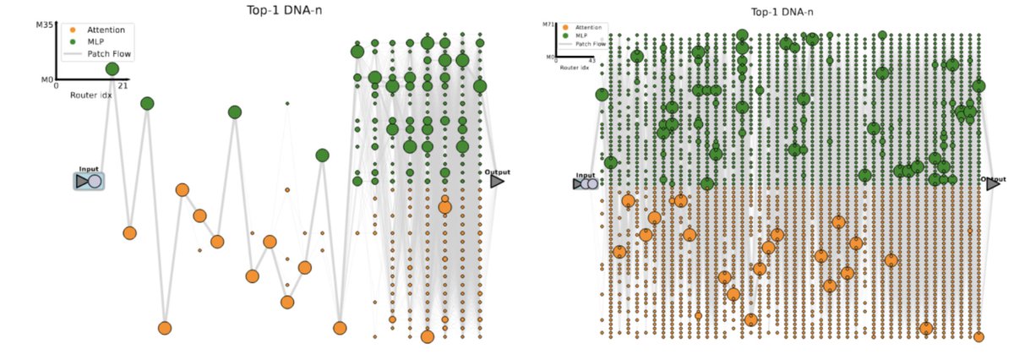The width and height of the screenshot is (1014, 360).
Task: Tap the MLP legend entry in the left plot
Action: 94,41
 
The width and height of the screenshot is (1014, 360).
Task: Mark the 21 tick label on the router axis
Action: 123,86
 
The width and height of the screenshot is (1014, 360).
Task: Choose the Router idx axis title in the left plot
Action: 90,95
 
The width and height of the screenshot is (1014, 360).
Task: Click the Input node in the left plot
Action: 89,181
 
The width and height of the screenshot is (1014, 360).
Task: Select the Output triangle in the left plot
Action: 497,181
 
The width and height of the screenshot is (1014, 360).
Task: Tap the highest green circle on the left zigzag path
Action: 112,68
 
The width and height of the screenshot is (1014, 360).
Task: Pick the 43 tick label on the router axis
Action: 591,61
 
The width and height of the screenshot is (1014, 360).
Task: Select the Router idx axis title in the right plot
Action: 574,67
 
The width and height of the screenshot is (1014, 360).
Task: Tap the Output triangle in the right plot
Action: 993,183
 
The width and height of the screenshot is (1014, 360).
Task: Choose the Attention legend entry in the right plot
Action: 589,28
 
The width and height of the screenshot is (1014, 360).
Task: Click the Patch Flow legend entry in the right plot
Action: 591,43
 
